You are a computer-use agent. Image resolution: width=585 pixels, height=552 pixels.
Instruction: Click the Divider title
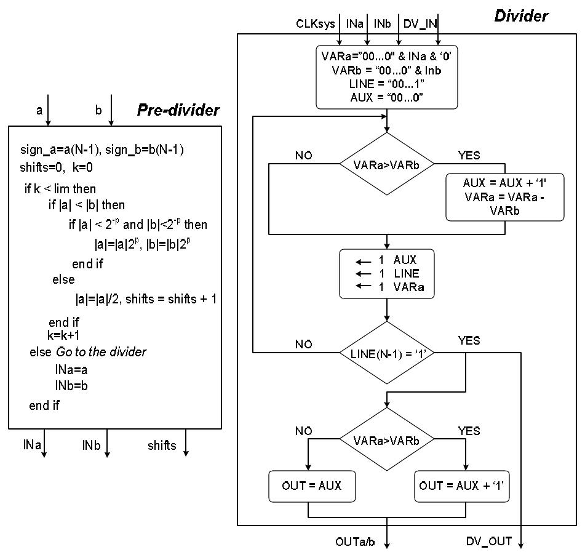coord(521,15)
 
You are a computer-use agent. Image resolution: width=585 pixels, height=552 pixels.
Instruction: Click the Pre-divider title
coord(178,110)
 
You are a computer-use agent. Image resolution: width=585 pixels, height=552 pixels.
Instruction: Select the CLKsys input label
coord(316,24)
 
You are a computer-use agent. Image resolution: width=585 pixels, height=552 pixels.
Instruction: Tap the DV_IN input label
coord(420,24)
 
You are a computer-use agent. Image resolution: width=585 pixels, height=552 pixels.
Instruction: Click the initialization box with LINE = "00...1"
coord(387,76)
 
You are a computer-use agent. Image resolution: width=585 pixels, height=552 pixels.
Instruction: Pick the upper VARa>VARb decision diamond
coord(387,164)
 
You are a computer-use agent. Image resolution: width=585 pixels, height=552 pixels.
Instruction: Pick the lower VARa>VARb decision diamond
coord(387,441)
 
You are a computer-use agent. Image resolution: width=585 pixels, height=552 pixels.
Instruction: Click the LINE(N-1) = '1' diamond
coord(387,353)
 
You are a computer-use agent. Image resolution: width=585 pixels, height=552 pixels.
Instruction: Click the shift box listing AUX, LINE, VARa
coord(387,273)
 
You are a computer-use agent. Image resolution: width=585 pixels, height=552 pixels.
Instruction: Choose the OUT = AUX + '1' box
coord(461,486)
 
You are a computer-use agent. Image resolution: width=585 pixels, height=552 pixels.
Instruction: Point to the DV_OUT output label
coord(489,542)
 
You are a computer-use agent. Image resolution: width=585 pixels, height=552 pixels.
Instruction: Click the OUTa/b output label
coord(355,542)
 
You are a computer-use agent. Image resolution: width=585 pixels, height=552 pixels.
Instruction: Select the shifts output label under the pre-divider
coord(161,445)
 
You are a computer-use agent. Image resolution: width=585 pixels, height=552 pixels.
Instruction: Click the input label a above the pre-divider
coord(39,110)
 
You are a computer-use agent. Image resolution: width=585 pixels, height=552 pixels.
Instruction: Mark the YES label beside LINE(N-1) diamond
coord(469,340)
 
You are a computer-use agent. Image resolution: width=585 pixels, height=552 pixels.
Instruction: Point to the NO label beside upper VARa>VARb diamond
coord(303,155)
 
